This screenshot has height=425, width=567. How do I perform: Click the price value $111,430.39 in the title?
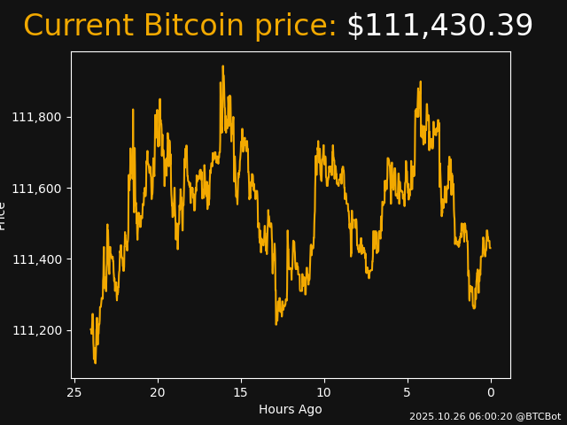439,27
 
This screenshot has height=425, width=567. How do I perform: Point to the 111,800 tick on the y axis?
42,118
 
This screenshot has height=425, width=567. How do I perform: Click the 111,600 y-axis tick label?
42,189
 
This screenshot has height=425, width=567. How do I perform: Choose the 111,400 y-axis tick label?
42,259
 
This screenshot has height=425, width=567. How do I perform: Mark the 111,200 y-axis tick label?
42,330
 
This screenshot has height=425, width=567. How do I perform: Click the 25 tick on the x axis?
74,392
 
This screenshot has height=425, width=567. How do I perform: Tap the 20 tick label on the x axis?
158,392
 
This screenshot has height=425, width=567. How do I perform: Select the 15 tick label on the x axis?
241,392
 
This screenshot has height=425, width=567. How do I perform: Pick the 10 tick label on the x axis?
324,392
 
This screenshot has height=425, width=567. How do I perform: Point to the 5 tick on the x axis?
408,392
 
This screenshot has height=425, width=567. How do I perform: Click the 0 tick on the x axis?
491,392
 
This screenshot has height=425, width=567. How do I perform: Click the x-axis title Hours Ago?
291,409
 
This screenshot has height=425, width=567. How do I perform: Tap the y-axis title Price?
3,215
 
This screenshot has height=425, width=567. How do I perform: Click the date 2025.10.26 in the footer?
437,416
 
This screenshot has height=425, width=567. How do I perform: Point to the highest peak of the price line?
222,66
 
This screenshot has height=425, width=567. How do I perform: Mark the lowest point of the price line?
95,362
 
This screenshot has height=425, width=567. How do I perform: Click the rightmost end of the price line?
491,248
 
